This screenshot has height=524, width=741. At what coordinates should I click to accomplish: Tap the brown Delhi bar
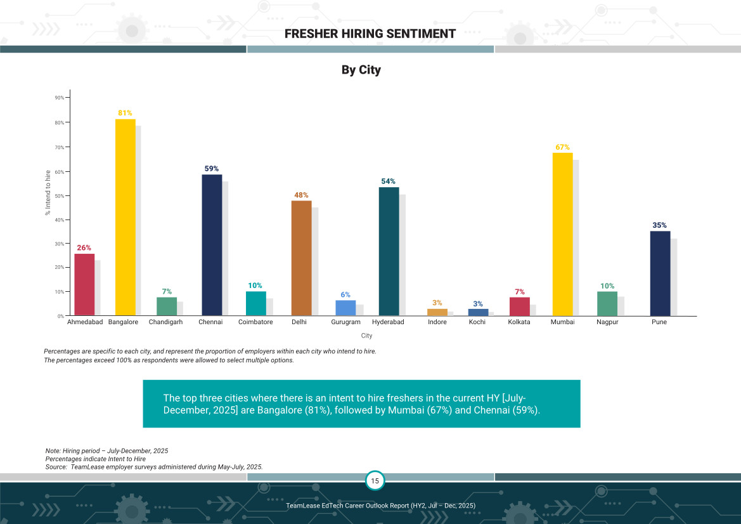301,258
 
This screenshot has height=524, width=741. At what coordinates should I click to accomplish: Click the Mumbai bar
562,234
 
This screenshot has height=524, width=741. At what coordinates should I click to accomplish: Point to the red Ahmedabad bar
84,285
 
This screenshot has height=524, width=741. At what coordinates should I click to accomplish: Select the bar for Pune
660,273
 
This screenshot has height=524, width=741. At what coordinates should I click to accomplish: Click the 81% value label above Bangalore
125,113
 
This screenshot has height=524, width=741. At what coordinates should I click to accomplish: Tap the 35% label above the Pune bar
659,225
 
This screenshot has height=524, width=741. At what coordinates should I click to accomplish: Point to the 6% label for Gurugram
345,294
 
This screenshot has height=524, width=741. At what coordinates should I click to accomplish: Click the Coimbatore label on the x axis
255,322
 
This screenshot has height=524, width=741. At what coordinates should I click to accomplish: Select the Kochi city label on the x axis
477,322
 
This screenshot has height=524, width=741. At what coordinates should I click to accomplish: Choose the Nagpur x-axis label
607,322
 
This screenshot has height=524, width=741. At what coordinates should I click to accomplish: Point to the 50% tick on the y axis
60,195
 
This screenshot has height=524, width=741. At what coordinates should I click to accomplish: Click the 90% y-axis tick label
60,98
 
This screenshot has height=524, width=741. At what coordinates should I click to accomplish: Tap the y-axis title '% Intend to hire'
48,193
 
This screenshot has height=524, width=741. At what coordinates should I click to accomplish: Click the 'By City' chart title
361,70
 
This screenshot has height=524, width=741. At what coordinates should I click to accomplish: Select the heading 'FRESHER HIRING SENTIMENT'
370,34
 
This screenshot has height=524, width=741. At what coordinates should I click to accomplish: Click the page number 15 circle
375,481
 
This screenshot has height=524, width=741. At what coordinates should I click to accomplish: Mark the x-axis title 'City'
366,336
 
